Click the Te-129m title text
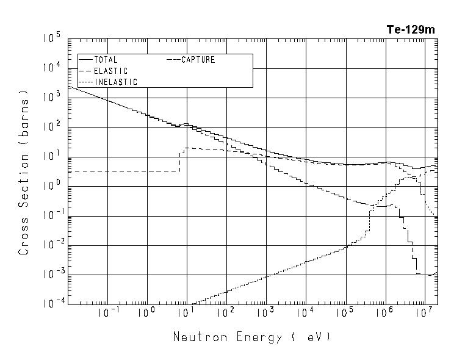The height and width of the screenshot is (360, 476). [411, 29]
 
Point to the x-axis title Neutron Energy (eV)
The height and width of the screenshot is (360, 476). [252, 337]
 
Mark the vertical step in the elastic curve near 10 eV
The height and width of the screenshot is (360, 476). [181, 160]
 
